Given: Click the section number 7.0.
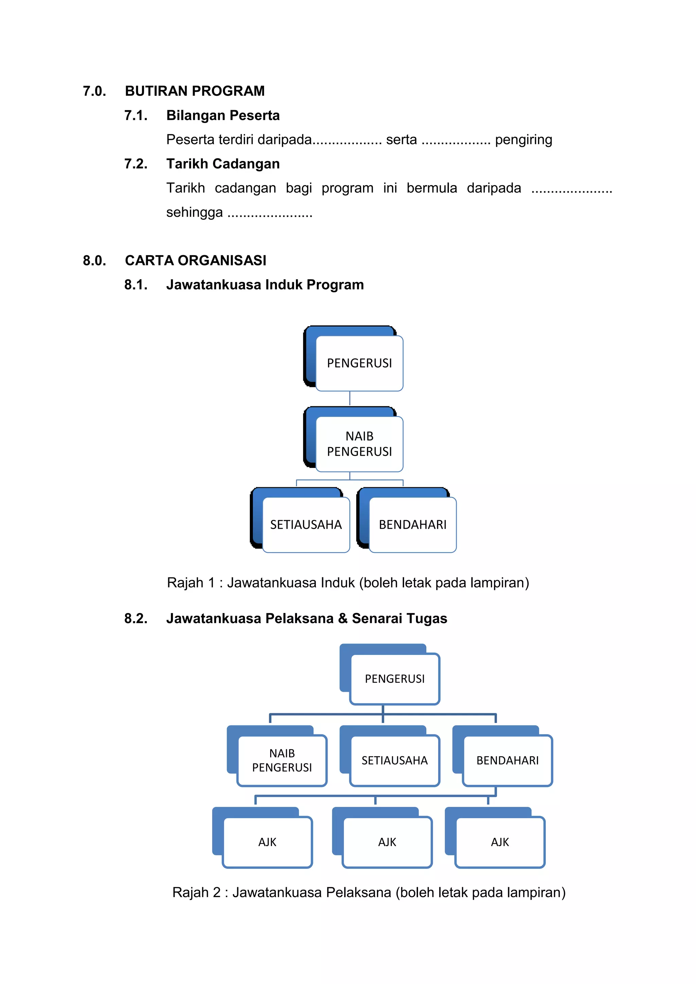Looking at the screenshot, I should click(94, 91).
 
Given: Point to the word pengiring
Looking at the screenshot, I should click(523, 140).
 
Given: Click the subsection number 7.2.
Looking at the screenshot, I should click(136, 164).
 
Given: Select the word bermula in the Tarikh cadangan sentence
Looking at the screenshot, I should click(432, 188).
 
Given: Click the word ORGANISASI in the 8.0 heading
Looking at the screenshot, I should click(222, 261).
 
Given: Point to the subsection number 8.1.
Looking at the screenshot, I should click(136, 285).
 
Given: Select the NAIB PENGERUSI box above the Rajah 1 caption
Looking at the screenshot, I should click(359, 444).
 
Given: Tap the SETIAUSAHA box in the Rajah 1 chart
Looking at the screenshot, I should click(306, 525).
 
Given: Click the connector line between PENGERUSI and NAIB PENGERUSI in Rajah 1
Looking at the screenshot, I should click(350, 399).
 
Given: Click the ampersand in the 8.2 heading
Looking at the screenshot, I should click(343, 618).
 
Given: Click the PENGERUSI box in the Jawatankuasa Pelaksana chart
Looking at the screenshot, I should click(395, 679).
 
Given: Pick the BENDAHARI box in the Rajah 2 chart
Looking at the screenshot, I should click(507, 760).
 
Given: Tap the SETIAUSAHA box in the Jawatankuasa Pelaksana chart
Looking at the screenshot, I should click(395, 760).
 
